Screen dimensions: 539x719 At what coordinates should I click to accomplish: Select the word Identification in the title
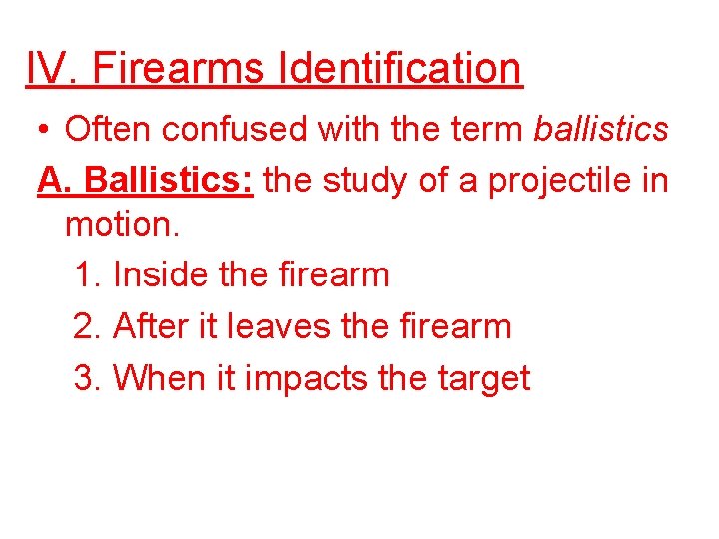400,68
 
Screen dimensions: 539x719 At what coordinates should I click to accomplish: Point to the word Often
101,129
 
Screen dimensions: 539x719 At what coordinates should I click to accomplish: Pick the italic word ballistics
601,129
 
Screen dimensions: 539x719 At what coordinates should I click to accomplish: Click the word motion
122,223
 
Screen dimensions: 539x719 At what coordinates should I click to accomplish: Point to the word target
482,379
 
